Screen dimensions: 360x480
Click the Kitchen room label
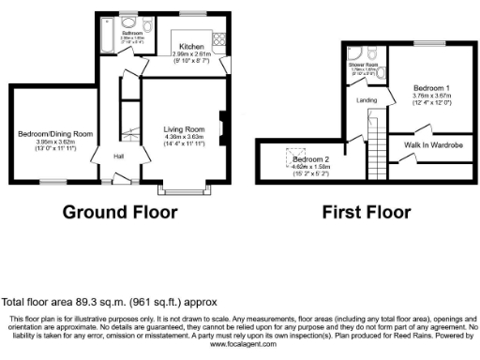192,46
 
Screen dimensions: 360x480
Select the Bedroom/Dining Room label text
53,135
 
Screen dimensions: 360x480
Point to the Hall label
120,157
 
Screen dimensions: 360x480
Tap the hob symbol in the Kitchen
221,40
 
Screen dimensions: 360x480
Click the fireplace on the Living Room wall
221,125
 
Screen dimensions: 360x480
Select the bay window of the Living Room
184,186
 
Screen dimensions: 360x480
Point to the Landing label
366,101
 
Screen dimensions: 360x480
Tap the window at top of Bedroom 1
430,44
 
